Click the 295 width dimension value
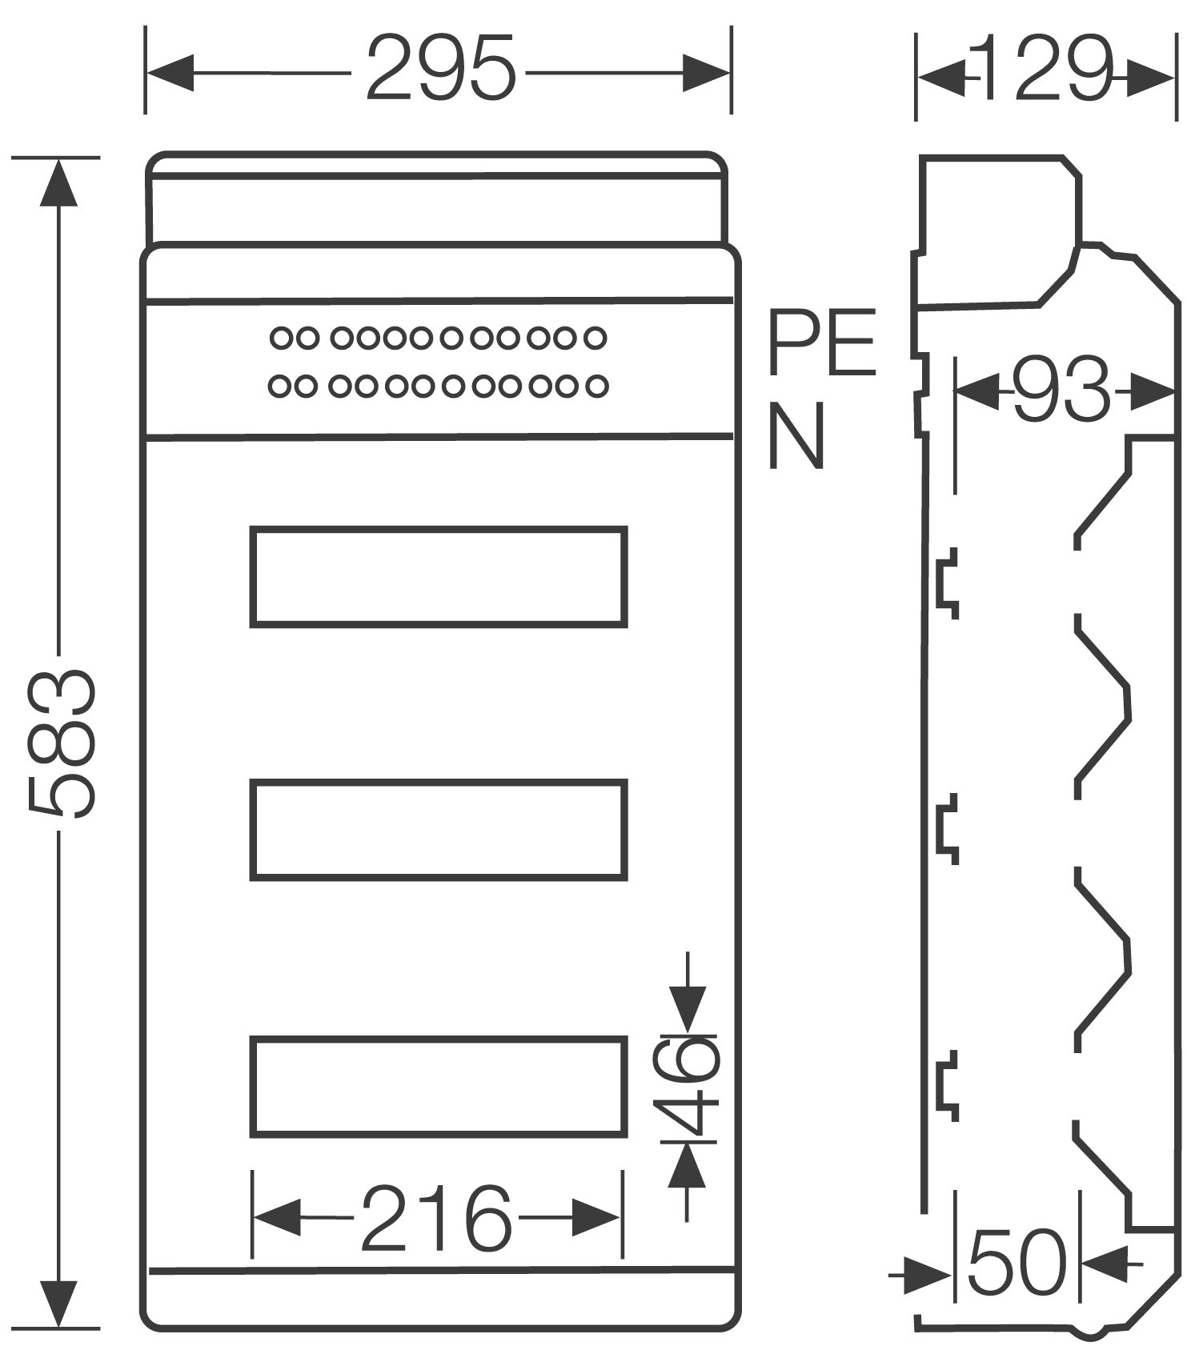pos(439,69)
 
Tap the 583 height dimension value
pos(62,744)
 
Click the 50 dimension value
pos(1017,1263)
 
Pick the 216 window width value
pos(436,1219)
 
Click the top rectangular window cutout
pos(439,576)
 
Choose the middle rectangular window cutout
pos(439,830)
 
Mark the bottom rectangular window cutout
pos(439,1086)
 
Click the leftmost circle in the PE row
pos(281,338)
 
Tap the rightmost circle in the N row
pos(596,387)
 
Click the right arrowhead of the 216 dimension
pos(596,1218)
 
